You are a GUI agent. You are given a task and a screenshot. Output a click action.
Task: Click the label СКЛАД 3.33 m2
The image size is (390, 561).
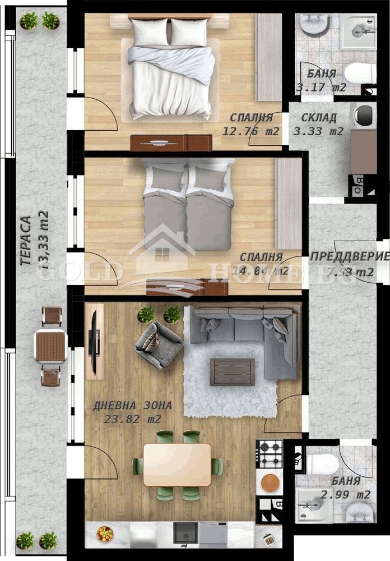[318, 125]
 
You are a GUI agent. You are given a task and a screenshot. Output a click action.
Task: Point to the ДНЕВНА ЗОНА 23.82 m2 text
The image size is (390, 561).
[132, 412]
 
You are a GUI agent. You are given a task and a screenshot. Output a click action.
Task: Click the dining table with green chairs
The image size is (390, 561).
[177, 465]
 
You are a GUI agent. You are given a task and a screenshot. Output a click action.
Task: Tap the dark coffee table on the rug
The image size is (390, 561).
[232, 372]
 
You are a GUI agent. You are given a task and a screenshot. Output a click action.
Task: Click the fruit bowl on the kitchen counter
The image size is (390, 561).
[105, 534]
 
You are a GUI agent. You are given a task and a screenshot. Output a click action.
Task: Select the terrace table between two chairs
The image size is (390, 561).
[50, 347]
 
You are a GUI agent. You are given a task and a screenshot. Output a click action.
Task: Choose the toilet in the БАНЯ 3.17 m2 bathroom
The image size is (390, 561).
[359, 73]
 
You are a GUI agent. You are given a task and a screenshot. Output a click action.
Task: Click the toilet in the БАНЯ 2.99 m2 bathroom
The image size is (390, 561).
[323, 463]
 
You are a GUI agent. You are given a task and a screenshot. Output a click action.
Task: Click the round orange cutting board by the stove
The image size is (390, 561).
[270, 482]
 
